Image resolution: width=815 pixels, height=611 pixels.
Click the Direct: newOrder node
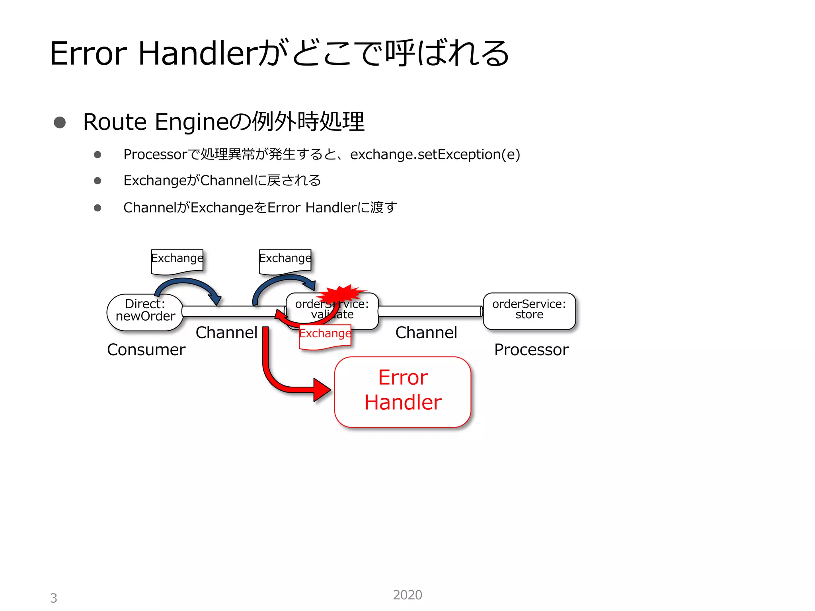tap(145, 312)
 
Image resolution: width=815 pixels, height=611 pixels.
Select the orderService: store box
tap(529, 311)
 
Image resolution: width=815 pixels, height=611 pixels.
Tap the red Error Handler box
tap(403, 392)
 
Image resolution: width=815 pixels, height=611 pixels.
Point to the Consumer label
tap(146, 350)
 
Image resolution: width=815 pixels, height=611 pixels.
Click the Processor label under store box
tap(531, 350)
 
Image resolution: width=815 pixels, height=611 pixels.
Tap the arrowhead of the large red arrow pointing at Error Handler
tap(322, 389)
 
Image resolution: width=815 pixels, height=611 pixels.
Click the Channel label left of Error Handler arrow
tap(226, 333)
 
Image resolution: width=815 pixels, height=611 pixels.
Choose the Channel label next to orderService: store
tap(426, 333)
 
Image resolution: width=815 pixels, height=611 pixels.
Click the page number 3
tap(54, 598)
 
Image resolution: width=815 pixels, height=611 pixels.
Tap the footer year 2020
tap(407, 595)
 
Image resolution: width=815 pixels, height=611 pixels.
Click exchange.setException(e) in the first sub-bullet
tap(435, 154)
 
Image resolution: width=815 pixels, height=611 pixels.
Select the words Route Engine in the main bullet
tap(155, 122)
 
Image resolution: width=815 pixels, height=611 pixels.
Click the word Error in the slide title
tap(88, 54)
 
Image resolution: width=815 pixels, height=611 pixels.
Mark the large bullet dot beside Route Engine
tap(60, 122)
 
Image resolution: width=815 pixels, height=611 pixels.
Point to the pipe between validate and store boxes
tap(430, 311)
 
